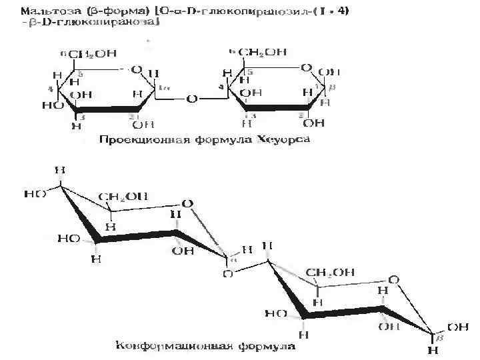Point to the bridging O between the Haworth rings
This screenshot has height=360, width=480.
coord(192,99)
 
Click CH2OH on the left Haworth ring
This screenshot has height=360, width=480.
coord(94,54)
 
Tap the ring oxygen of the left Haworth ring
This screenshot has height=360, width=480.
coord(136,69)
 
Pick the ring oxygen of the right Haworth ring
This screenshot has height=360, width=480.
coord(306,67)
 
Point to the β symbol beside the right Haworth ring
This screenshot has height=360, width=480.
coord(333,88)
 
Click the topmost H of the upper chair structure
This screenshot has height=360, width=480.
coord(60,170)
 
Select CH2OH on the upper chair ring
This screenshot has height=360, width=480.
coord(122,196)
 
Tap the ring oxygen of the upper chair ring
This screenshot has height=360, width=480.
coord(188,203)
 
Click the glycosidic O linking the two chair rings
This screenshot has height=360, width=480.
coord(229,273)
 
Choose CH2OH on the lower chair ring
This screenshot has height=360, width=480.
coord(330,272)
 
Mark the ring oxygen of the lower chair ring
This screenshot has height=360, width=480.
coord(394,279)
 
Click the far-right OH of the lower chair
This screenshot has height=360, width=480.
coord(458,327)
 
